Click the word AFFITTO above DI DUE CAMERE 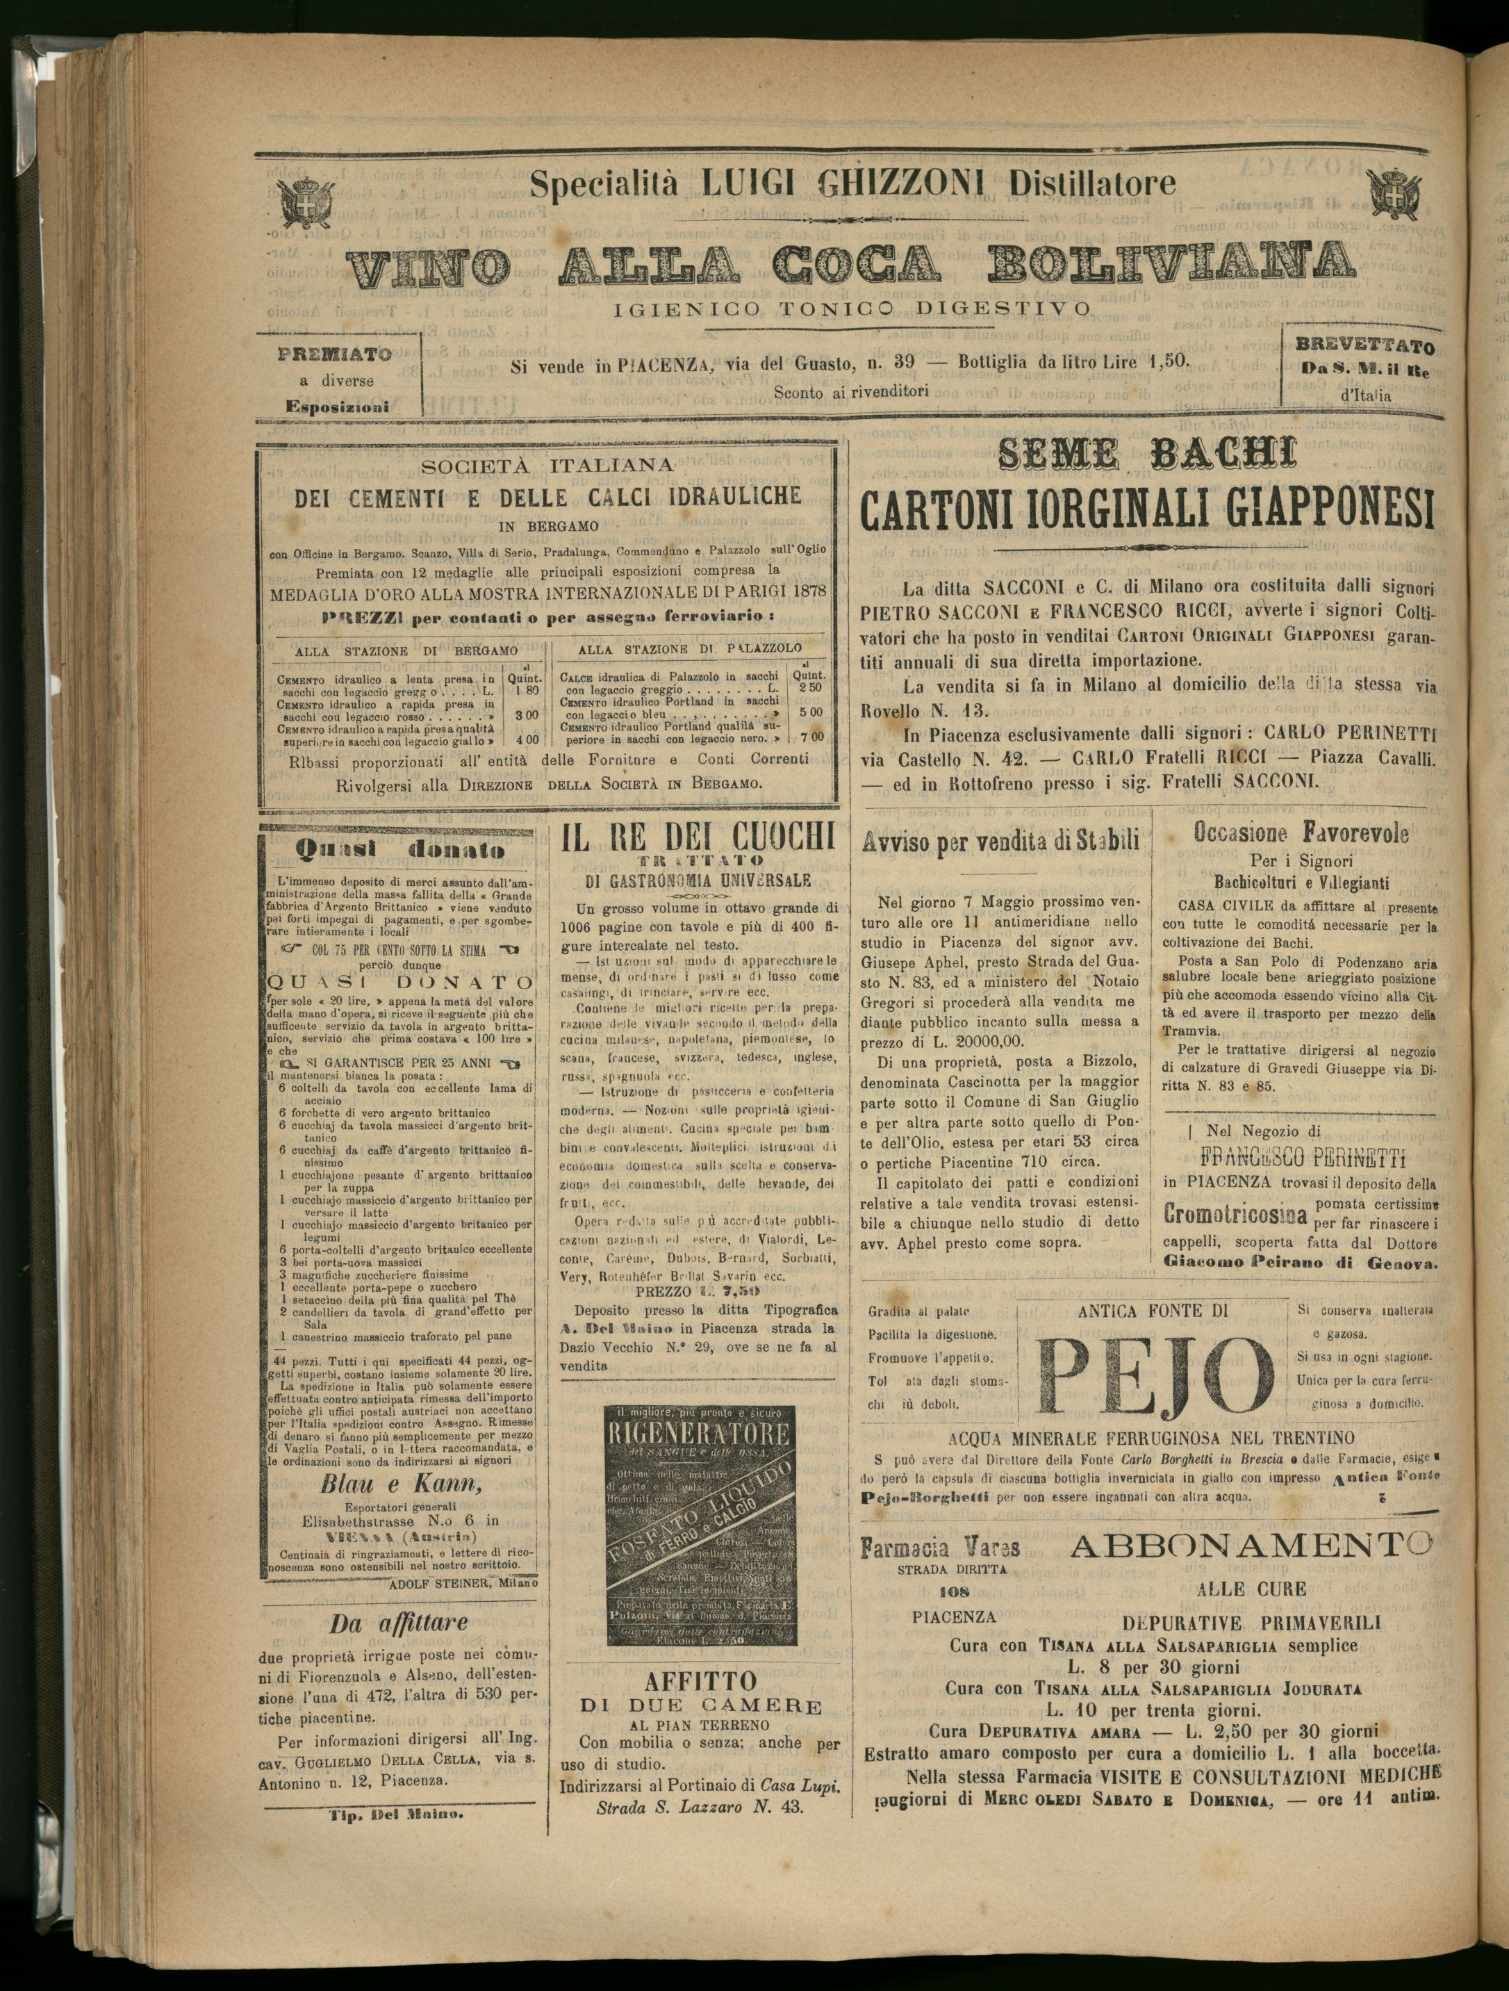pos(701,1681)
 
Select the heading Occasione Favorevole pos(1301,833)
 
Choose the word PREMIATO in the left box pos(335,354)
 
